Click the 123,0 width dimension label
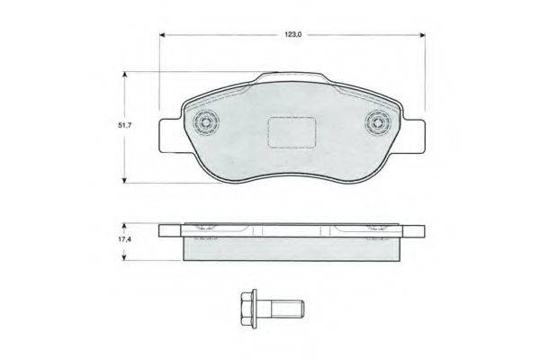pos(292,34)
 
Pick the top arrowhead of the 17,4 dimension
pos(125,226)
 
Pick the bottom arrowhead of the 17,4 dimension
pos(125,259)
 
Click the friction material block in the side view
pos(292,248)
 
